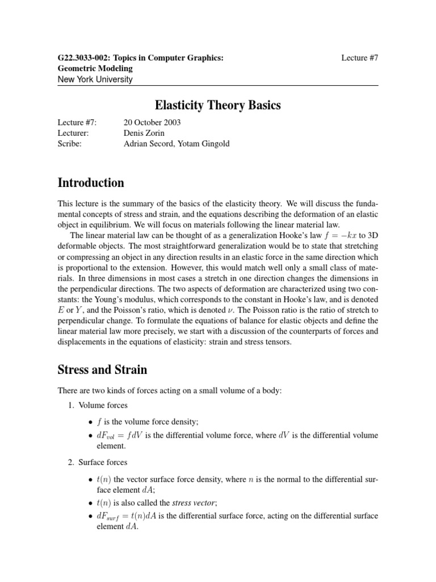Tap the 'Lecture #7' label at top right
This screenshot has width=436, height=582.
point(360,58)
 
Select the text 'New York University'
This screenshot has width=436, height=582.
point(95,79)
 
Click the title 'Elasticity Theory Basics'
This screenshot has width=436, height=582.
point(218,106)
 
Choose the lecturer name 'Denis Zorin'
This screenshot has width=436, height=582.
point(144,133)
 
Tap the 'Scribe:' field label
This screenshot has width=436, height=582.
point(70,144)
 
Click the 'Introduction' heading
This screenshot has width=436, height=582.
point(91,183)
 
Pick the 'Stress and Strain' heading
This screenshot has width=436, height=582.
point(103,369)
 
